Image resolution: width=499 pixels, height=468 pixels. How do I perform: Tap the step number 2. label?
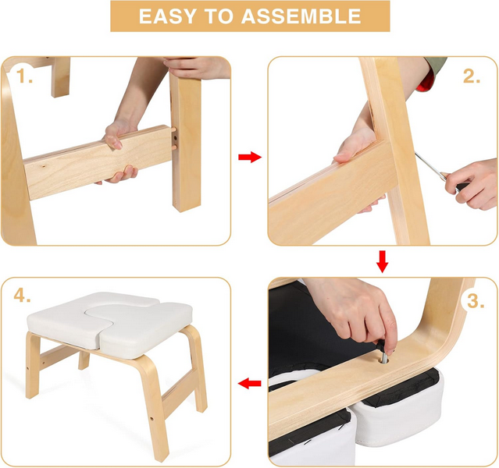(471, 76)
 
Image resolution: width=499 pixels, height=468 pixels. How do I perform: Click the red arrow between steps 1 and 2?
(249, 158)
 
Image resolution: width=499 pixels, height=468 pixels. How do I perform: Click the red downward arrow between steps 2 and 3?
(382, 261)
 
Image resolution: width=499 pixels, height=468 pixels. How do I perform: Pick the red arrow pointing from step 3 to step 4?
(249, 383)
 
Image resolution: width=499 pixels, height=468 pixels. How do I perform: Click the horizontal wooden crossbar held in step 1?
(86, 164)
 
